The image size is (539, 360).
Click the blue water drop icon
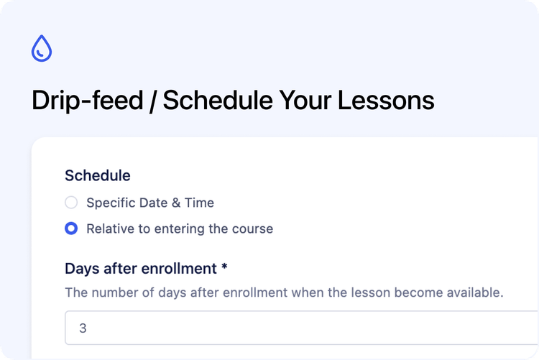tap(42, 48)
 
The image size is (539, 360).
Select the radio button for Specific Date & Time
tap(71, 203)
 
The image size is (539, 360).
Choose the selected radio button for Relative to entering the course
tap(71, 229)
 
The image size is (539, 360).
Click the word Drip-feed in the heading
tap(87, 101)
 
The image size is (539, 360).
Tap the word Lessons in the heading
tap(394, 101)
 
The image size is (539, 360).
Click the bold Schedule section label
tap(98, 175)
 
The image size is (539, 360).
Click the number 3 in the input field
tap(83, 328)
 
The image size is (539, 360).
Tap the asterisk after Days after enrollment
tap(224, 267)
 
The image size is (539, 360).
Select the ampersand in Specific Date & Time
tap(175, 203)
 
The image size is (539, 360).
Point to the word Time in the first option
tap(199, 203)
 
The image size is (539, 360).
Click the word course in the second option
tap(253, 229)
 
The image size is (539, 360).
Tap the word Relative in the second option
tap(110, 229)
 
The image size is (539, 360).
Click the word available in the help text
tap(476, 293)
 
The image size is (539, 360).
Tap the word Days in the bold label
tap(80, 269)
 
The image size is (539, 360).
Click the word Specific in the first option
tap(110, 203)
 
